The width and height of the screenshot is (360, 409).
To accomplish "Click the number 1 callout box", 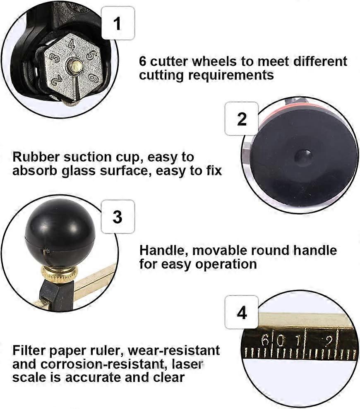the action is (118, 23).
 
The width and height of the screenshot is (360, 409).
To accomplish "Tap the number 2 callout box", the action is (242, 119).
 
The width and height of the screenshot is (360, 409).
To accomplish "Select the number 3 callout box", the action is (118, 216).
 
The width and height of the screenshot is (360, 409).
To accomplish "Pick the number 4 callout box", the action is (242, 312).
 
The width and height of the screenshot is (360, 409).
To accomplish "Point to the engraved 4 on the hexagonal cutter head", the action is (72, 44).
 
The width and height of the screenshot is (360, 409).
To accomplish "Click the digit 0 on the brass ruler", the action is (280, 340).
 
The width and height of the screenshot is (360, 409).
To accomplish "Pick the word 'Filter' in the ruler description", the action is (29, 350).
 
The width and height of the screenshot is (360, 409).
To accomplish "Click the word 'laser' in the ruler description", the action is (187, 364).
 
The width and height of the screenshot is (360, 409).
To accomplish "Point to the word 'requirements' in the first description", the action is (231, 76).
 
